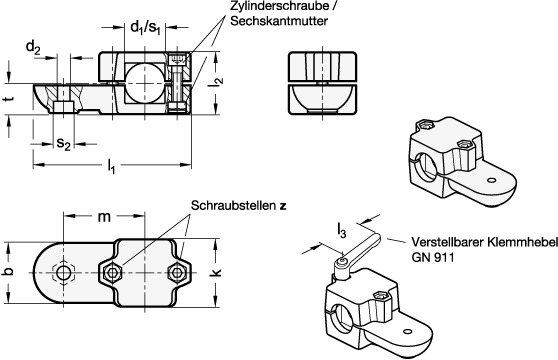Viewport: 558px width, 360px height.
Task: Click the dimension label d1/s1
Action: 146,27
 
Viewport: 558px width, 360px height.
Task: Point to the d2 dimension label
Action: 33,47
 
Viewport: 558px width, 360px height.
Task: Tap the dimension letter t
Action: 11,98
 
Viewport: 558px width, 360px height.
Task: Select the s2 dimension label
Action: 63,144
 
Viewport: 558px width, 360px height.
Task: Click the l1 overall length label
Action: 111,165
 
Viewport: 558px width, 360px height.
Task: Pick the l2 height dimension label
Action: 219,81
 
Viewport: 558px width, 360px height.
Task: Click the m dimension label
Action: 104,216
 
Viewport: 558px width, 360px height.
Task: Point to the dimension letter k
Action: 216,273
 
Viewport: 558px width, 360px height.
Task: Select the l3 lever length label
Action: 341,232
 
